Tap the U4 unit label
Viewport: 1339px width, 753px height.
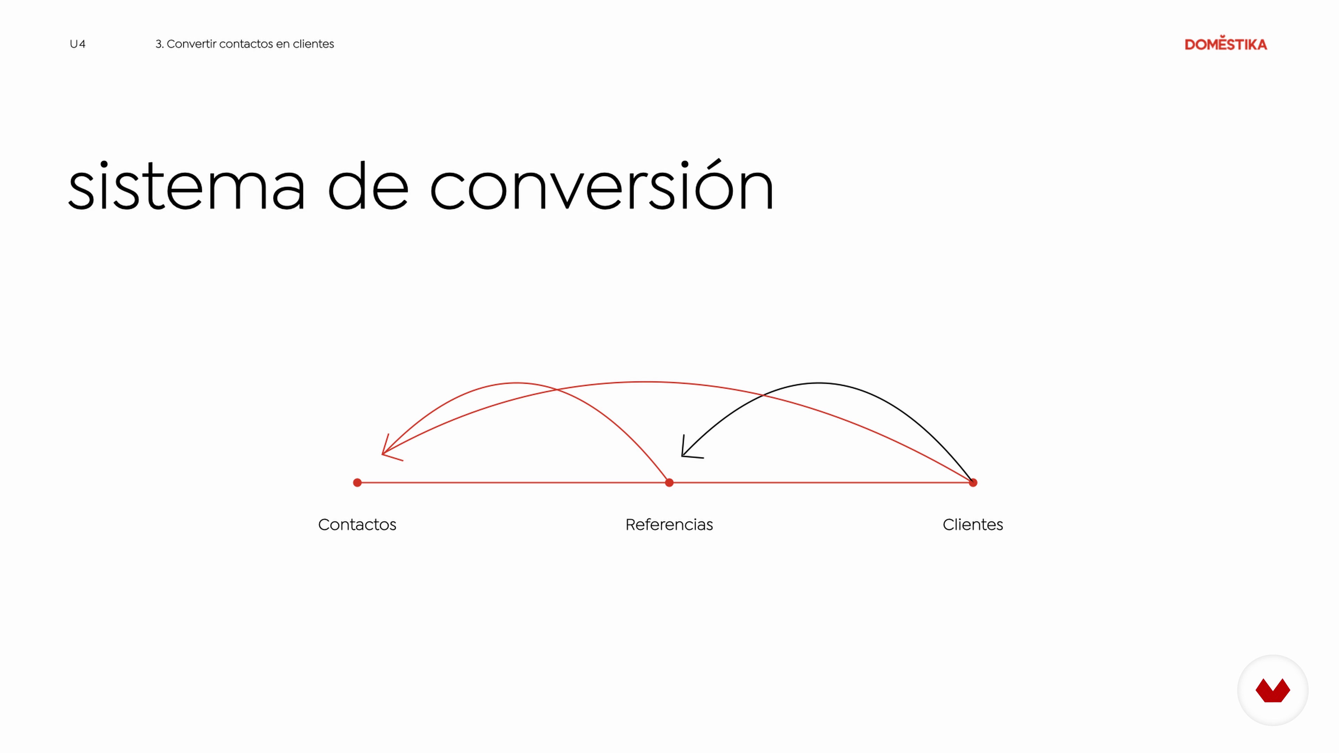pos(77,44)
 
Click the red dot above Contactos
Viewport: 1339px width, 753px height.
pos(357,483)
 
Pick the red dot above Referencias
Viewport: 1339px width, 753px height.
pos(669,483)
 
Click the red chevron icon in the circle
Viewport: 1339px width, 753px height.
pos(1272,690)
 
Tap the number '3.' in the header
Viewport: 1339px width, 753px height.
pos(159,44)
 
